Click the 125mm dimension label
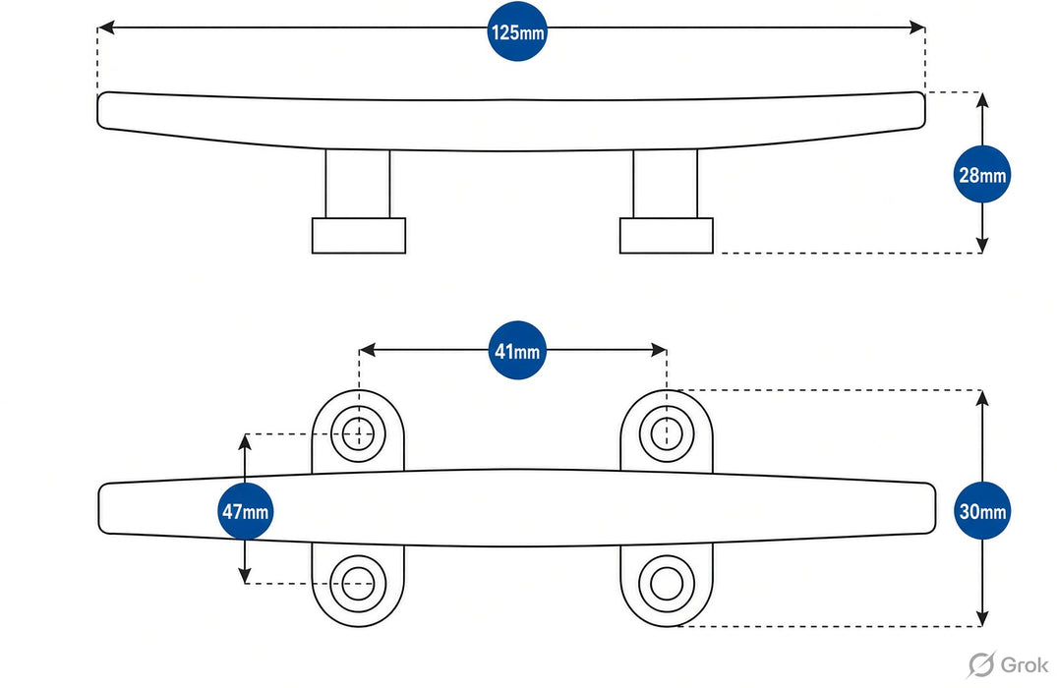coord(517,31)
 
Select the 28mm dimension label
coord(982,175)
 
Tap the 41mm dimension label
coord(517,351)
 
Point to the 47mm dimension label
coord(246,511)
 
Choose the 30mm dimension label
coord(982,511)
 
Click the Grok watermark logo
coord(1008,664)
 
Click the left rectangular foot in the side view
coord(359,235)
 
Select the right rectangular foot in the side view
coord(666,235)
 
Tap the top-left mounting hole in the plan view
coord(358,434)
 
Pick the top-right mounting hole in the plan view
coord(666,432)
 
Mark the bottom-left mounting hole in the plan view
coord(358,583)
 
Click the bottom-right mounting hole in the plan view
coord(666,583)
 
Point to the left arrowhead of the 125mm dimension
coord(105,28)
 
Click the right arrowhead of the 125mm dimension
coord(916,28)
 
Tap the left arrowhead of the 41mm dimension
coord(367,350)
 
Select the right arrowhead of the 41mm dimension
coord(659,350)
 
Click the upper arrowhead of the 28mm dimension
coord(982,100)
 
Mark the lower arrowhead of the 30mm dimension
coord(982,618)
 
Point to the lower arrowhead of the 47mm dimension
coord(245,575)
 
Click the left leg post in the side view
coord(357,183)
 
